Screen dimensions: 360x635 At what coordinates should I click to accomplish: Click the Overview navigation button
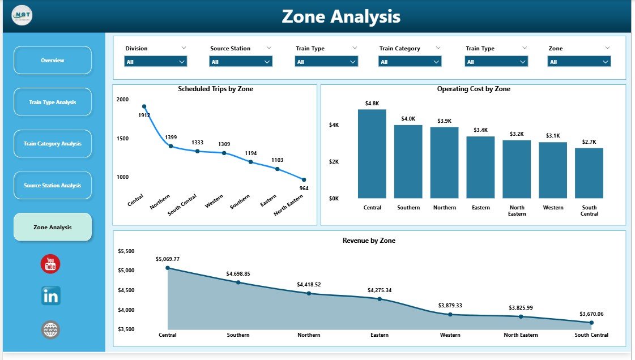pos(52,60)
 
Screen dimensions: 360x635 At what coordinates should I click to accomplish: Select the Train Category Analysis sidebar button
pos(52,144)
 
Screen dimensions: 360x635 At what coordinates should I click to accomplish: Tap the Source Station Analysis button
pos(52,186)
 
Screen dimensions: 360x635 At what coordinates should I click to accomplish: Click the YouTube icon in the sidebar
pos(50,264)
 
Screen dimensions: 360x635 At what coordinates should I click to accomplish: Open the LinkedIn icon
pos(50,295)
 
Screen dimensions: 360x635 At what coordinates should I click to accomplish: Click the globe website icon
pos(50,329)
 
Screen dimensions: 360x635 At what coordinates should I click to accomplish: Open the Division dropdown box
pos(156,62)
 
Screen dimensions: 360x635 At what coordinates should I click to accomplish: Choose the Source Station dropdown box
pos(241,62)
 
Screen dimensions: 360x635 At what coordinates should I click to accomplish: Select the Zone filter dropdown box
pos(579,62)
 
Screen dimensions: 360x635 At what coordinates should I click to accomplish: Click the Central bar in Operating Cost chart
pos(372,154)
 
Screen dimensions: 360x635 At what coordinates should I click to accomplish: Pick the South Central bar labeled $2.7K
pos(589,173)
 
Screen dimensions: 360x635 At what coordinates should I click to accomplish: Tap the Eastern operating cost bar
pos(480,167)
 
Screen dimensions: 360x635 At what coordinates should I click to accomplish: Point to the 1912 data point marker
pos(144,106)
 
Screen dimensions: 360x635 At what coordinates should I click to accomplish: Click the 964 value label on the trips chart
pos(304,188)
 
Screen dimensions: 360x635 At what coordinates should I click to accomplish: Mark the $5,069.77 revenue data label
pos(168,259)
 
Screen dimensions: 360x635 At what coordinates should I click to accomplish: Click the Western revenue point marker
pos(450,315)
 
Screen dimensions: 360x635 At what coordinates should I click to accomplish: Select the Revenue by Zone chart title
pos(369,241)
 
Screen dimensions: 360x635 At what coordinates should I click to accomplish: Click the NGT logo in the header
pos(22,15)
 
